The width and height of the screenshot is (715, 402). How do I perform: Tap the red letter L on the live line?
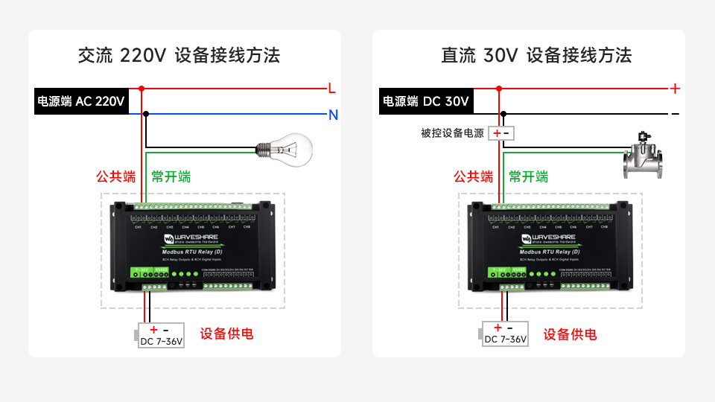coord(332,89)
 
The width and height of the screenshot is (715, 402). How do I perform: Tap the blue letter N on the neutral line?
coord(333,115)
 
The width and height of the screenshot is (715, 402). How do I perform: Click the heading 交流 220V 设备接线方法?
coord(179,55)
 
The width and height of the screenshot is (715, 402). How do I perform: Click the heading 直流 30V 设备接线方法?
coord(536,55)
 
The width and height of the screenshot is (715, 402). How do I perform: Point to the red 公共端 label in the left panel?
coord(115,177)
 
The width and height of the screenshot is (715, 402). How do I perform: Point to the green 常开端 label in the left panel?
coord(171,177)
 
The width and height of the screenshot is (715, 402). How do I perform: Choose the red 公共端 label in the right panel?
coord(473,177)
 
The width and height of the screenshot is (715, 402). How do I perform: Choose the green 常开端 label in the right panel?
coord(528,177)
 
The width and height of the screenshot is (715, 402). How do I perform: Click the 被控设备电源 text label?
coord(452,133)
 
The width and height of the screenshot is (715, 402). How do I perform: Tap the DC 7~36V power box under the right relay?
coord(505,335)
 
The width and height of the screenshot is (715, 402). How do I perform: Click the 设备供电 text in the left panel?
coord(226,334)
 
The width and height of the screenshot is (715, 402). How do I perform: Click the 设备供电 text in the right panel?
coord(570,334)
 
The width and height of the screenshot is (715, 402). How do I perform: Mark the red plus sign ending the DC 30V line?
coord(675,89)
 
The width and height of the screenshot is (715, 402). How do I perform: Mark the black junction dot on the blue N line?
coord(146,114)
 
